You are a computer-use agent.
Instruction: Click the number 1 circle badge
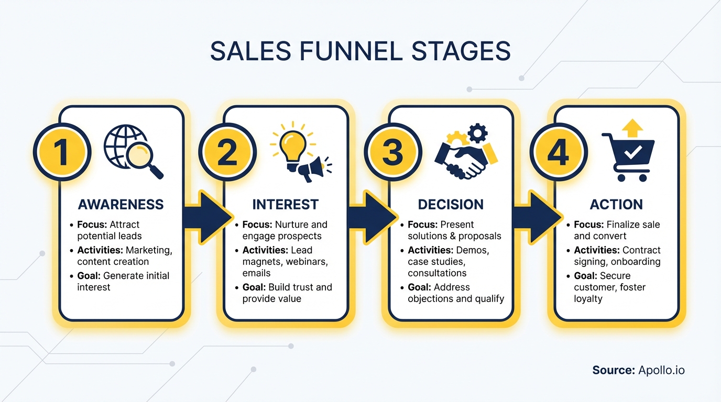pos(62,152)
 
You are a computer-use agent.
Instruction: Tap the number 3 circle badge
pos(392,152)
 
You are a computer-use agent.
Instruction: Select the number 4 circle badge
pos(558,152)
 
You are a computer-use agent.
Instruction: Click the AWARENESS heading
pos(121,204)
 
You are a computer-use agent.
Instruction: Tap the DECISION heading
pos(451,204)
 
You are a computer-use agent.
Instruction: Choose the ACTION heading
pos(616,204)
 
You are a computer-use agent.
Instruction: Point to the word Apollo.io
pos(661,370)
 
